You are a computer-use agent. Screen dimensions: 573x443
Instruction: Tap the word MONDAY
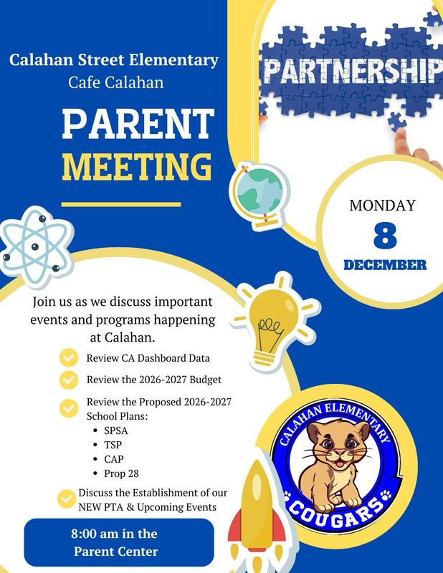tap(382, 206)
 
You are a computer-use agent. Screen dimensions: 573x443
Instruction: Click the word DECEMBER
tap(385, 265)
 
